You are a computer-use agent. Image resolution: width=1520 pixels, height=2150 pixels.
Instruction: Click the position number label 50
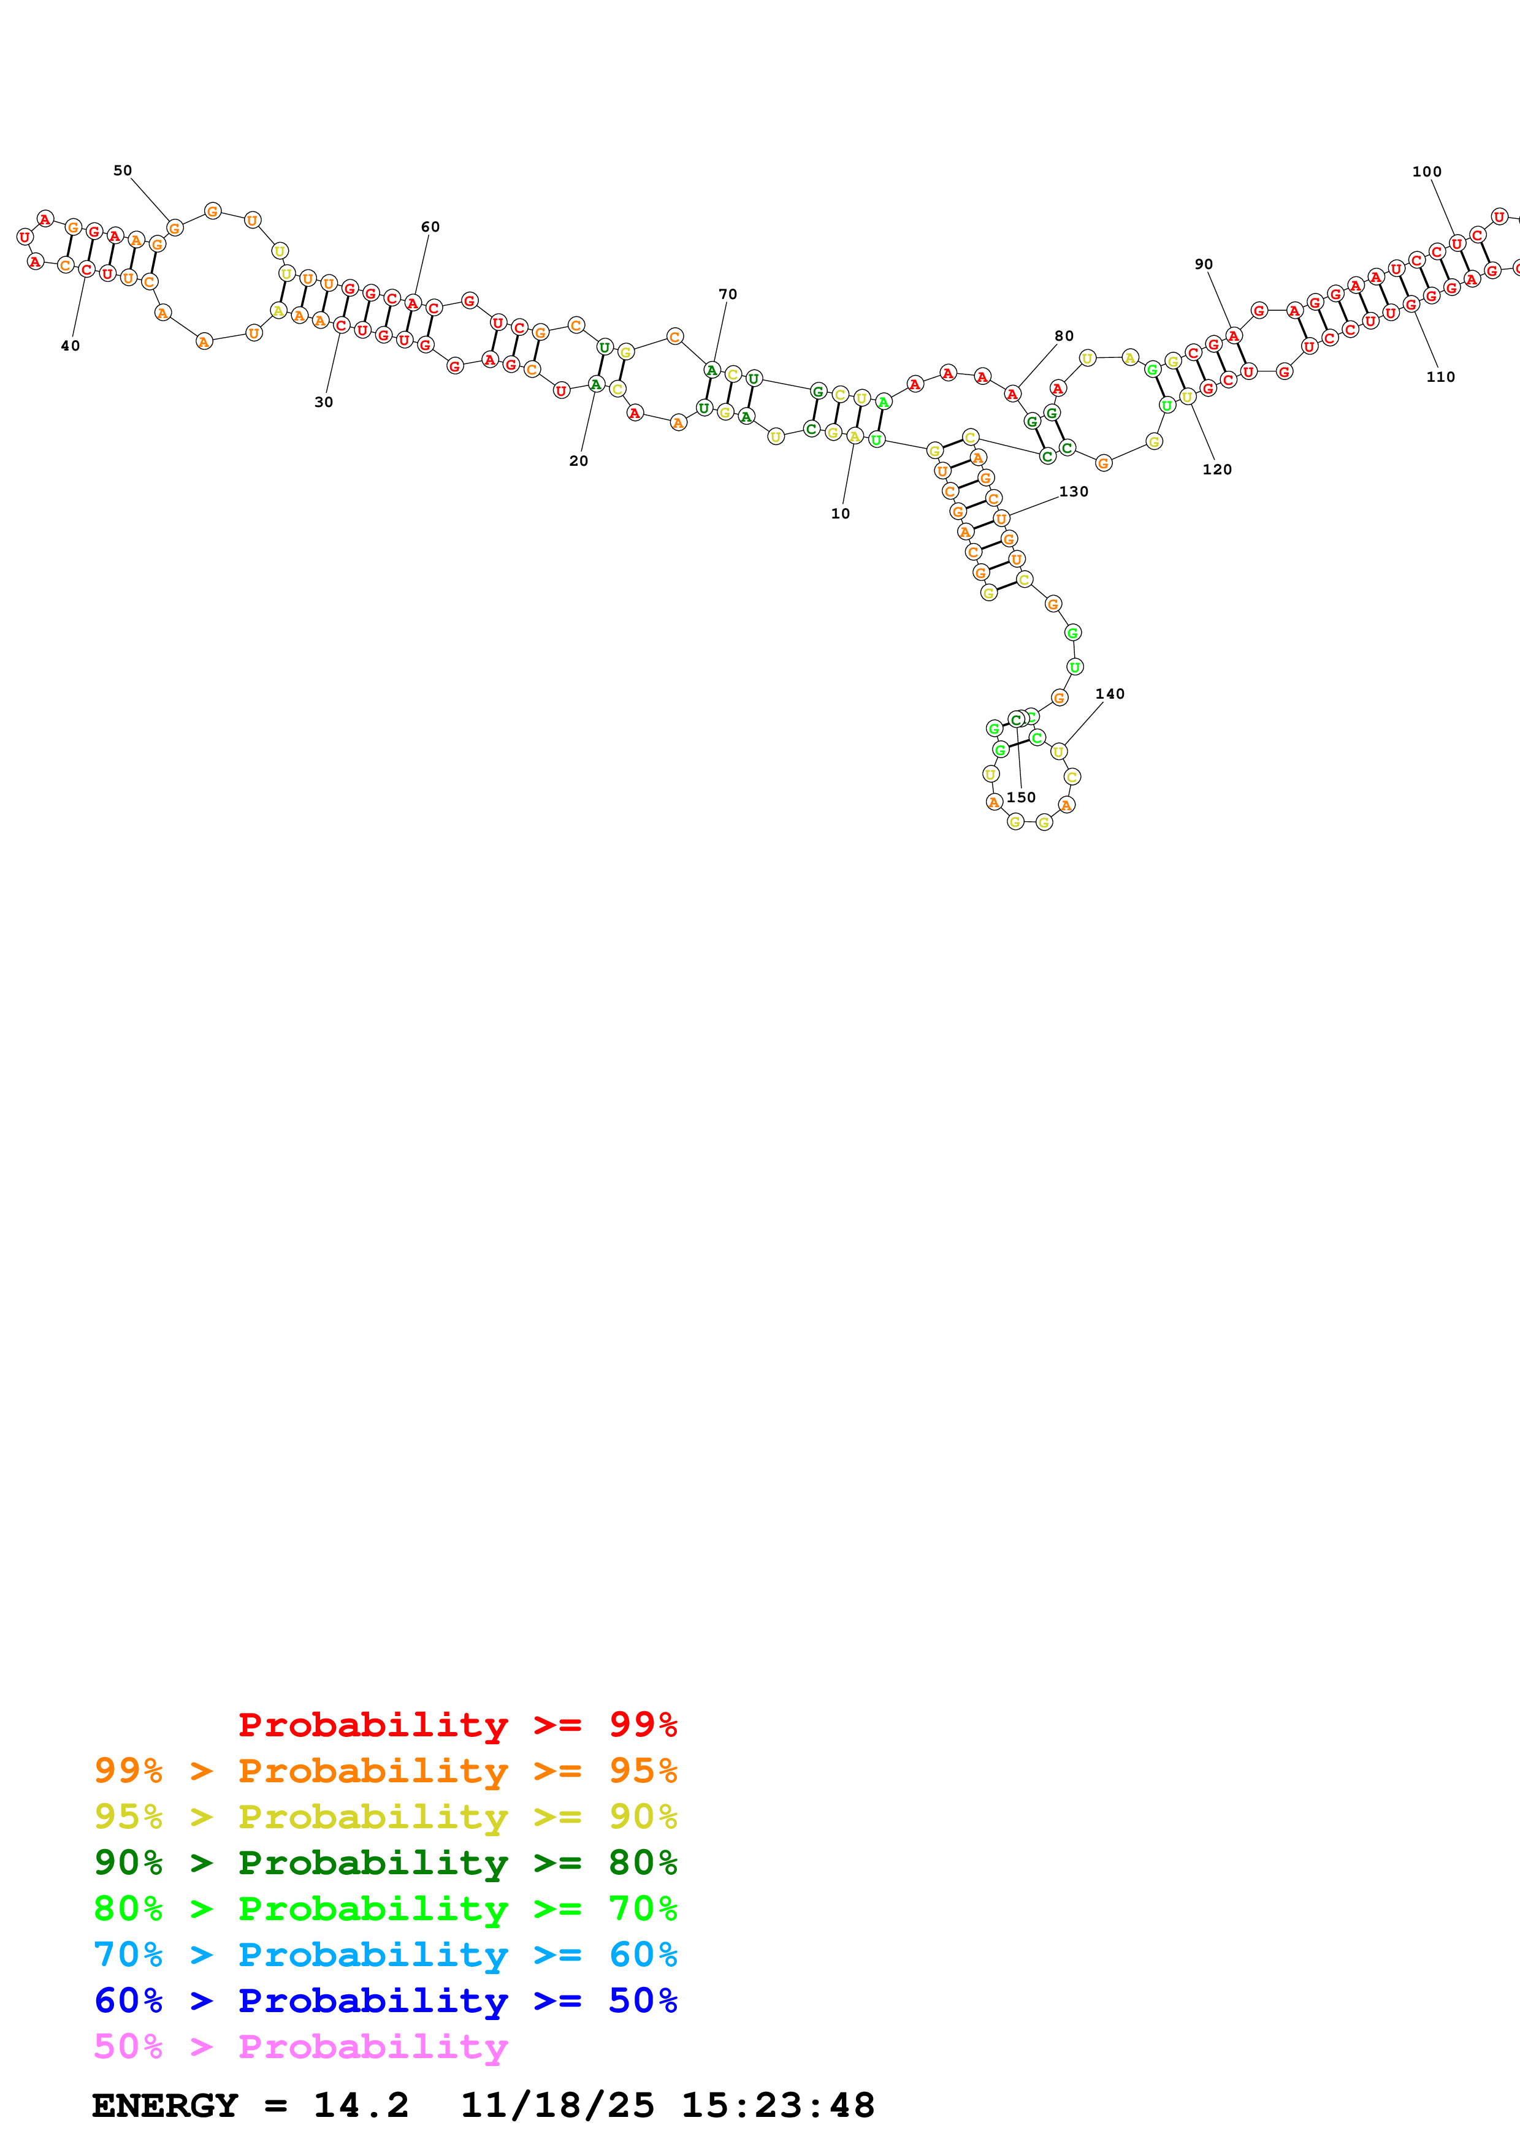[123, 170]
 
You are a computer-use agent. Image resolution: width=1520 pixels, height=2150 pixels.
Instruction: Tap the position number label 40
[71, 346]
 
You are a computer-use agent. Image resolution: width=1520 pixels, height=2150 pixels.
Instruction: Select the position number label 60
[430, 227]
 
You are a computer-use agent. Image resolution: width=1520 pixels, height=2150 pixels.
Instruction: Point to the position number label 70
[728, 294]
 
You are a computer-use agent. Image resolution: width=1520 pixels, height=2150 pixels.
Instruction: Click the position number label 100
[1426, 172]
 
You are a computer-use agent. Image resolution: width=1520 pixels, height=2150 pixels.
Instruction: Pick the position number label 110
[1440, 376]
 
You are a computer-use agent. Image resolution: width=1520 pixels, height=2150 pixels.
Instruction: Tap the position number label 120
[1216, 469]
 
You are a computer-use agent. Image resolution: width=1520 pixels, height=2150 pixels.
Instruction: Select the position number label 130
[1073, 492]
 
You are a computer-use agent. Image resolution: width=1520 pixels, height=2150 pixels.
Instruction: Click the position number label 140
[1110, 694]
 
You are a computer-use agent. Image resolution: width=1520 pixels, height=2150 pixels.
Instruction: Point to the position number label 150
[1021, 798]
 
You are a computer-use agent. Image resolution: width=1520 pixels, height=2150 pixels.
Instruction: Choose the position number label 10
[840, 513]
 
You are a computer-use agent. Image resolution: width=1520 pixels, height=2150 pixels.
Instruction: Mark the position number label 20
[579, 461]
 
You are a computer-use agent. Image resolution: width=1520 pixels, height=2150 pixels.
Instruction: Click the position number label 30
[323, 401]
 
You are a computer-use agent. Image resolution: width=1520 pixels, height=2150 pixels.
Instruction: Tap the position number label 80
[1064, 336]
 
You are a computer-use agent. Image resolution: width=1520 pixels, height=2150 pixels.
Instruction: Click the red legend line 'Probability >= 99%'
[457, 1724]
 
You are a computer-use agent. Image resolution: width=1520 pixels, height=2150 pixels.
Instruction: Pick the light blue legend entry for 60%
[385, 1954]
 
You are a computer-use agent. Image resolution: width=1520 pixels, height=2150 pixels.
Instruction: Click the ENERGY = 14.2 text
[250, 2105]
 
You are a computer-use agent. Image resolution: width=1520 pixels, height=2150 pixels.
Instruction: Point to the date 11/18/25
[557, 2105]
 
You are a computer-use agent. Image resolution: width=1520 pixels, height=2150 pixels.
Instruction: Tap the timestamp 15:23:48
[777, 2105]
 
